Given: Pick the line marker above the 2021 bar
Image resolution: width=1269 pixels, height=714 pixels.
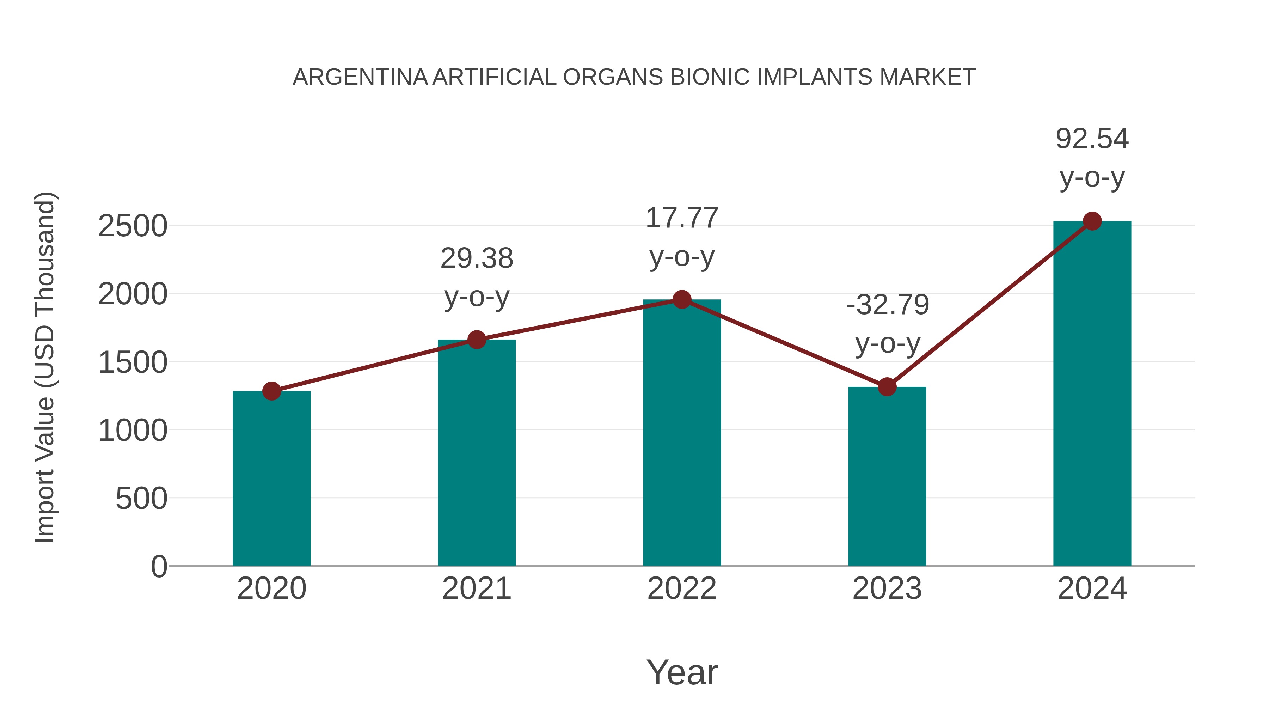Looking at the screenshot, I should [476, 340].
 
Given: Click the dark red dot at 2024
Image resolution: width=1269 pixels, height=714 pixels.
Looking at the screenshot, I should [1092, 221].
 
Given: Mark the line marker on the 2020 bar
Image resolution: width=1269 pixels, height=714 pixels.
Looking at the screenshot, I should [271, 391].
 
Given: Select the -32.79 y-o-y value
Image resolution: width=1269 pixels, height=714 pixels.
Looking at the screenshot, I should [887, 305].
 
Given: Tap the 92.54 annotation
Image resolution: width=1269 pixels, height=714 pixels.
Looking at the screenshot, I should [1092, 139].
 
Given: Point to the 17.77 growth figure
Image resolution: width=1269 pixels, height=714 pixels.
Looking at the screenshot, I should [682, 218].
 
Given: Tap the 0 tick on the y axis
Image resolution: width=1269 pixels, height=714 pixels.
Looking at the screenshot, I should [159, 567].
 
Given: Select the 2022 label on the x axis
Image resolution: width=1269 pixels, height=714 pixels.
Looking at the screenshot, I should [682, 588].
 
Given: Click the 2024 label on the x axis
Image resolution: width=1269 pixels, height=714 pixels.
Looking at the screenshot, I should [1092, 588].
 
